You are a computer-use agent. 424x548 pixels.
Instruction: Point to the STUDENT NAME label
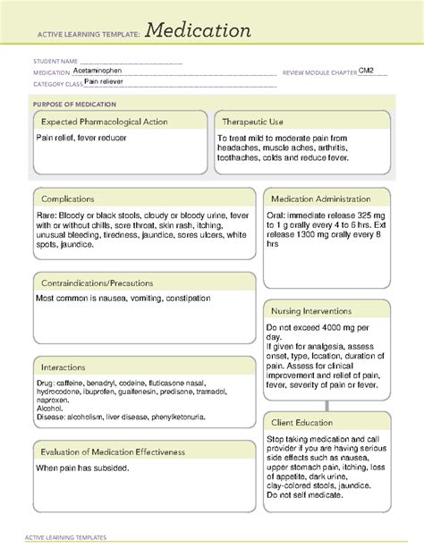click(x=50, y=62)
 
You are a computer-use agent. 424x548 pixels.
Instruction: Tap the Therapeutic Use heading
click(x=254, y=122)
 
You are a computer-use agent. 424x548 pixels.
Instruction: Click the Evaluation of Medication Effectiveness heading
click(x=112, y=451)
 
